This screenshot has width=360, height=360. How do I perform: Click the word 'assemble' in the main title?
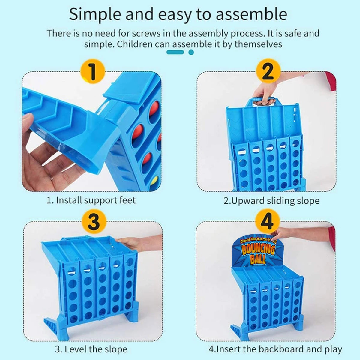click(x=251, y=14)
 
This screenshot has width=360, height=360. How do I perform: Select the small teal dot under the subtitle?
click(x=191, y=52)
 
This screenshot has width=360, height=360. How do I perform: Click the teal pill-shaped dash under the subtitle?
click(x=175, y=52)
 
